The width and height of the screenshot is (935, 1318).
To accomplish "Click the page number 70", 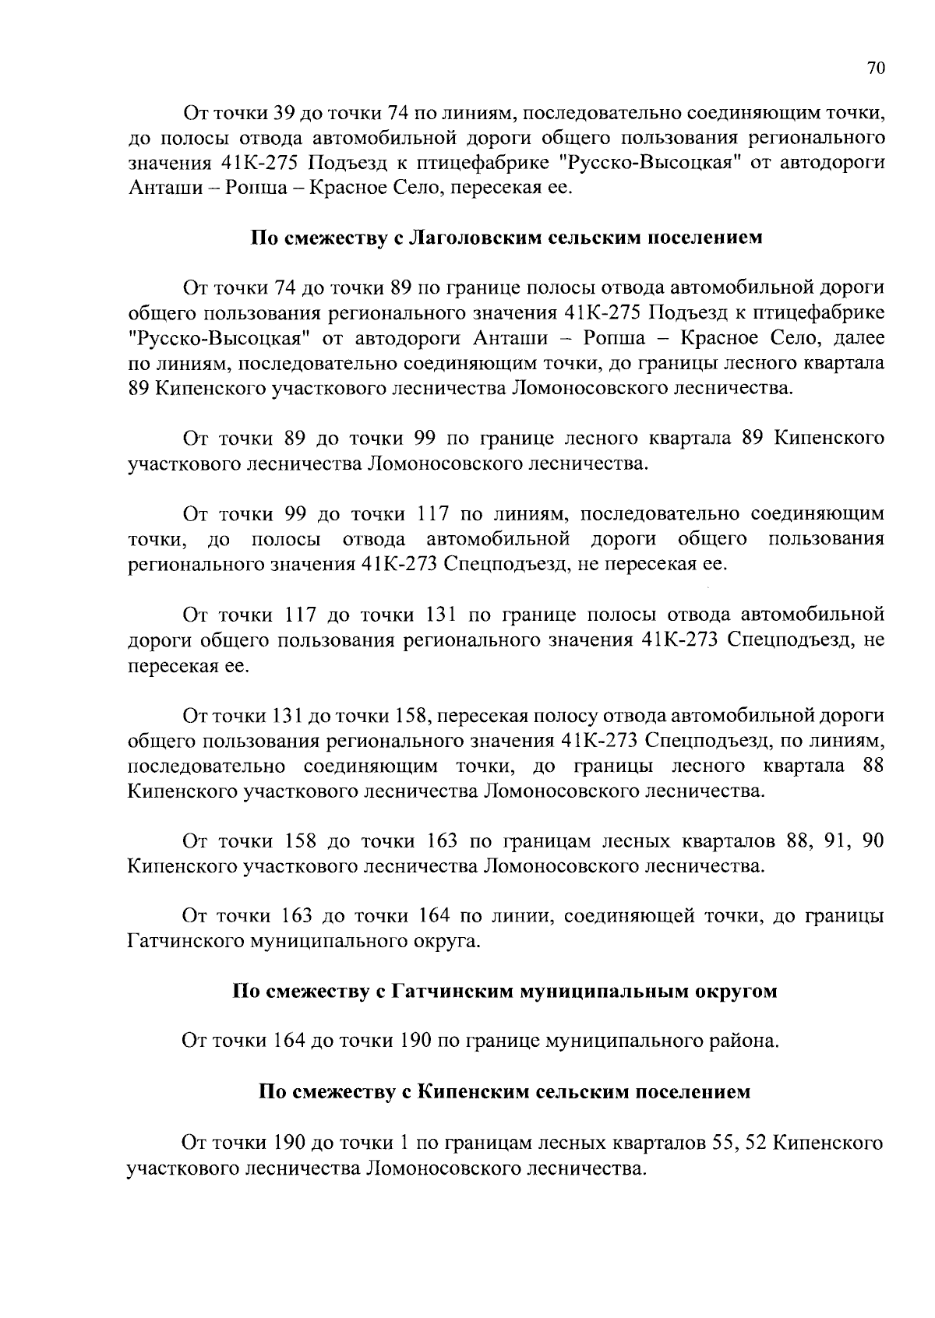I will tap(875, 69).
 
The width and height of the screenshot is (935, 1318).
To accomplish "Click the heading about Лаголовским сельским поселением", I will tap(506, 238).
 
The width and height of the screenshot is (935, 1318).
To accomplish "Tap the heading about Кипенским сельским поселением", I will tap(505, 1091).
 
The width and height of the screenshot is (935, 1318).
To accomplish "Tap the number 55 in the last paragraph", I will tap(722, 1143).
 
